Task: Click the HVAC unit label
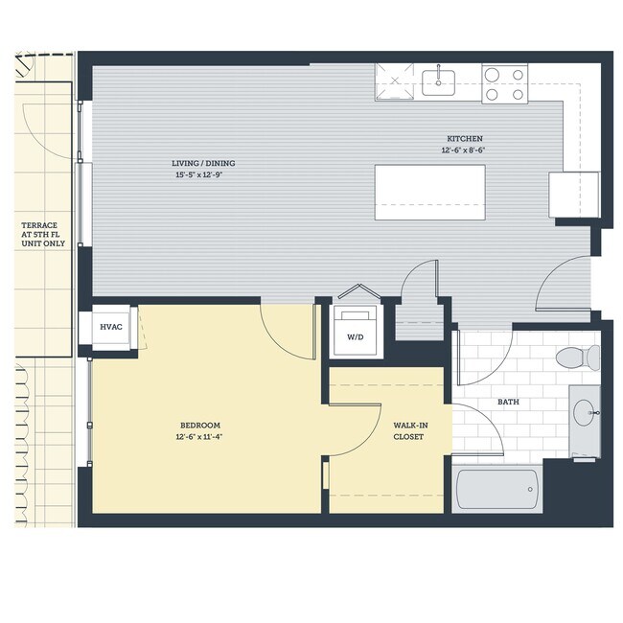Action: [x=110, y=327]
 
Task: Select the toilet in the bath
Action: [x=576, y=358]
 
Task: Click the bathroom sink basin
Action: [x=584, y=414]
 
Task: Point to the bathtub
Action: [x=496, y=489]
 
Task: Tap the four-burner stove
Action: [x=504, y=83]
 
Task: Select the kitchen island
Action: [x=429, y=192]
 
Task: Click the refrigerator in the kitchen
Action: [x=573, y=195]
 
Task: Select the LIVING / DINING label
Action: [x=204, y=164]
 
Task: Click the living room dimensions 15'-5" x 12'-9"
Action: [x=204, y=175]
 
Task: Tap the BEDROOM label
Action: [x=200, y=426]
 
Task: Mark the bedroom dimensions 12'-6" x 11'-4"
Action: [x=200, y=437]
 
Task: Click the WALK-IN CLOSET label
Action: [x=409, y=430]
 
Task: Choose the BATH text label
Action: [x=508, y=402]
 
